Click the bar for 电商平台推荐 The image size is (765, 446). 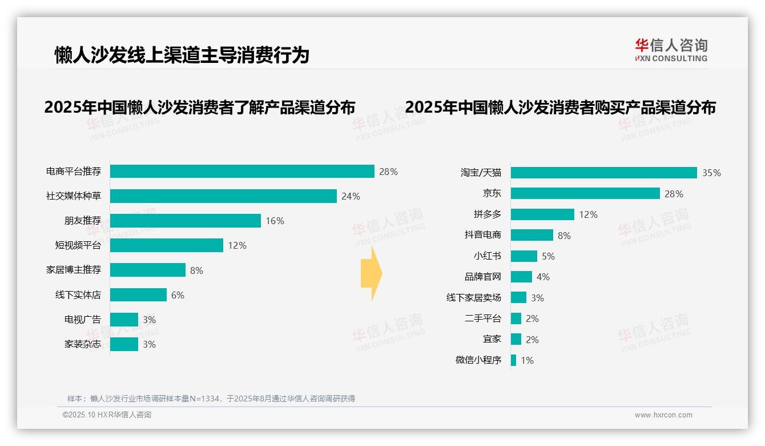point(242,172)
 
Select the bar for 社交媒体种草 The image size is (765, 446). point(223,196)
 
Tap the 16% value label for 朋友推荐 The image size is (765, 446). point(275,221)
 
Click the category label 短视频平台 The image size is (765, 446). point(78,245)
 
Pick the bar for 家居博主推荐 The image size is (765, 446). point(148,270)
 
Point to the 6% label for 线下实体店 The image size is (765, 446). point(178,295)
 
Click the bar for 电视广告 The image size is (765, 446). point(124,320)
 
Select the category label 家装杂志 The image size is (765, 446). point(82,344)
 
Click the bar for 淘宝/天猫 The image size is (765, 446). point(604,173)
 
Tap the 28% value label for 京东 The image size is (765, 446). point(674,194)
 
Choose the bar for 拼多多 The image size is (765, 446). point(542,214)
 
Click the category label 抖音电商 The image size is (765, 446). point(482,235)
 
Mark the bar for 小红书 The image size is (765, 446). point(524,256)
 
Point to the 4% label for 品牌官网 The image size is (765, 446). point(543,277)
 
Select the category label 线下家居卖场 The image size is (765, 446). point(473,298)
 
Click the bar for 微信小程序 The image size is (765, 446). point(514,360)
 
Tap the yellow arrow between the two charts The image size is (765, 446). point(371,274)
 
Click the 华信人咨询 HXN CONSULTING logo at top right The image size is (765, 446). point(671,50)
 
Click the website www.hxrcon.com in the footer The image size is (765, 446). point(663,415)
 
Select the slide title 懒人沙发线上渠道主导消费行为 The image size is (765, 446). point(182,55)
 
